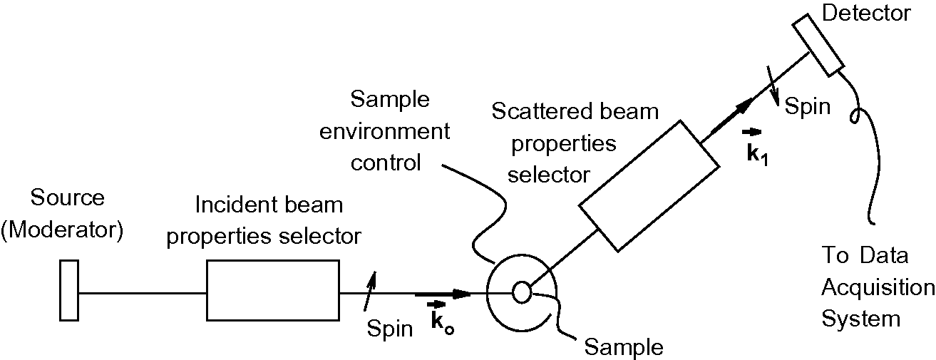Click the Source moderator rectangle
click(x=69, y=290)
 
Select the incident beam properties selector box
click(x=272, y=290)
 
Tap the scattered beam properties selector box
click(x=649, y=186)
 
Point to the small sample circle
click(x=521, y=292)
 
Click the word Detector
click(x=876, y=12)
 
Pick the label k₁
click(x=755, y=150)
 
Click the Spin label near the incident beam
click(x=389, y=328)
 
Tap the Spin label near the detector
click(x=808, y=106)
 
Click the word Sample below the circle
click(x=623, y=347)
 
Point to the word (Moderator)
click(x=63, y=230)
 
